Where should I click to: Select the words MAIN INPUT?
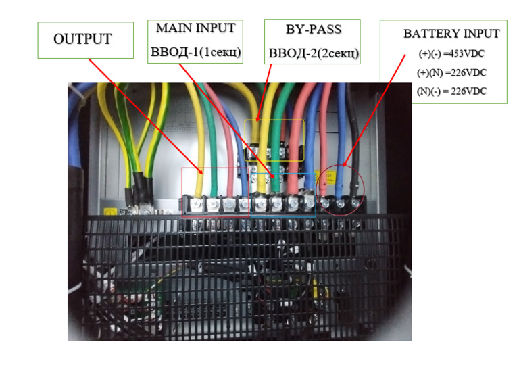(196, 29)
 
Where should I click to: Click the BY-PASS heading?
(312, 30)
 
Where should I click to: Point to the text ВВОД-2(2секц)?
(313, 53)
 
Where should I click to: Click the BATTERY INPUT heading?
(451, 34)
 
